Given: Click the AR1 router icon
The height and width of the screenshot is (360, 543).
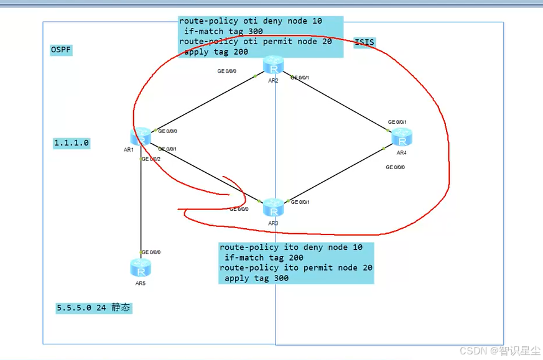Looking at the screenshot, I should [x=141, y=136].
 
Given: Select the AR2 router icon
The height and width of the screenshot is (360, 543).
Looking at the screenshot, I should [x=273, y=65].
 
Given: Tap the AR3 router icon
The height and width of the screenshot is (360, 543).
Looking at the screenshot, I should [x=273, y=207].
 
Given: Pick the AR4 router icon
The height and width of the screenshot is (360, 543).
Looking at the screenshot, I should [x=402, y=137].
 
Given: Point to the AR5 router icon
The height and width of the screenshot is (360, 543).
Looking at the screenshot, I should [x=141, y=268].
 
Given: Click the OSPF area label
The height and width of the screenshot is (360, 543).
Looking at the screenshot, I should [x=61, y=50].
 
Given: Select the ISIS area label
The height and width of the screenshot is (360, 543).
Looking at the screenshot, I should [x=364, y=42].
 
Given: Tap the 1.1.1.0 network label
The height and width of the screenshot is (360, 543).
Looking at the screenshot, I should [x=72, y=143].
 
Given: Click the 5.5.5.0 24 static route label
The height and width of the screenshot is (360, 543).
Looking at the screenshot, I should [x=93, y=308].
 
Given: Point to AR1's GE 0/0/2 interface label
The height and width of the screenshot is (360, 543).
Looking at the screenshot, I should [x=151, y=159].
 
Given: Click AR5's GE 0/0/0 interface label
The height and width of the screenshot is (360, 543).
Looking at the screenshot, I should [x=151, y=252].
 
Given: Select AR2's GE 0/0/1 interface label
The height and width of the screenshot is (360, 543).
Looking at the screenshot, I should [x=300, y=78].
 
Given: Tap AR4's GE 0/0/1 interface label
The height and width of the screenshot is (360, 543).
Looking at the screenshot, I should [x=397, y=122].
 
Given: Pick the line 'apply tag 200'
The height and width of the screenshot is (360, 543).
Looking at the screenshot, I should [x=216, y=52].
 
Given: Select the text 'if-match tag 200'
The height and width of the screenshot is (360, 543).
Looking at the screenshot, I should [x=264, y=257].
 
